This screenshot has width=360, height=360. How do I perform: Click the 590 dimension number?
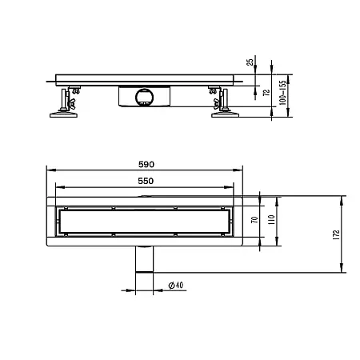point(145,164)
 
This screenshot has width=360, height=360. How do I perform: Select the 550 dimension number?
point(145,182)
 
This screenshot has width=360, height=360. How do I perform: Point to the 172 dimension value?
point(337,234)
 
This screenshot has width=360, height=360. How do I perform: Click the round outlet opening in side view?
point(144,97)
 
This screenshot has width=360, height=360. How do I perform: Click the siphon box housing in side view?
point(144,96)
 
